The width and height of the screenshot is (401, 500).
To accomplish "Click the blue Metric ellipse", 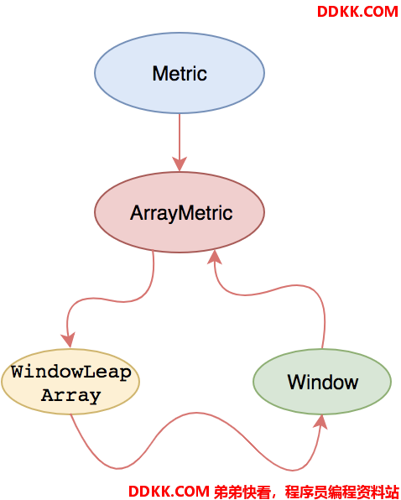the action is tap(180, 73).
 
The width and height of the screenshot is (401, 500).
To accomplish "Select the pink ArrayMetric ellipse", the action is tap(180, 212).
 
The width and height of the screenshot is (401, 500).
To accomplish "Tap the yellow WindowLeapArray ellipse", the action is tap(70, 382).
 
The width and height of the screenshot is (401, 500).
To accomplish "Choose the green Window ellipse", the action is tap(322, 382).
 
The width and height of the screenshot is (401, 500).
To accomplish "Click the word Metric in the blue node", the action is tap(180, 73).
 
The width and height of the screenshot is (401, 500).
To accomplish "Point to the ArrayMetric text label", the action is tap(181, 213).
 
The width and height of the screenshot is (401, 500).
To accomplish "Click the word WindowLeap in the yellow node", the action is tap(71, 372).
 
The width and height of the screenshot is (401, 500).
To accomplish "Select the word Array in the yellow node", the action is tap(70, 395).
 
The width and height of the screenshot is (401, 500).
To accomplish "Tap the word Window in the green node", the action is tap(323, 382).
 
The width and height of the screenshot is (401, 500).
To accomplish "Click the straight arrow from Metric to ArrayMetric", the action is tap(180, 143).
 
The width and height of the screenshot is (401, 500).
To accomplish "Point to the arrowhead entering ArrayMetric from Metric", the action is tap(180, 164).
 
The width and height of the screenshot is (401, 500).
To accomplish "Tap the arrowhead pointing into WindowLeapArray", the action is tap(69, 340).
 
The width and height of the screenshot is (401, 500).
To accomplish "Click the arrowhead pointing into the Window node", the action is tap(321, 421).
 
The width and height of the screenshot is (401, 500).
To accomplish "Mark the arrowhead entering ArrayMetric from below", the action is tap(215, 257).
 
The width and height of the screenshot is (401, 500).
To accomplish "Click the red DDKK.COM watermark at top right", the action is tap(357, 12).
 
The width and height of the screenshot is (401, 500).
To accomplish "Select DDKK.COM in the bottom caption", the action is tap(169, 492).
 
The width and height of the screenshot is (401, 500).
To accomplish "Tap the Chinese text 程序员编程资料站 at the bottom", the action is tap(341, 492).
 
